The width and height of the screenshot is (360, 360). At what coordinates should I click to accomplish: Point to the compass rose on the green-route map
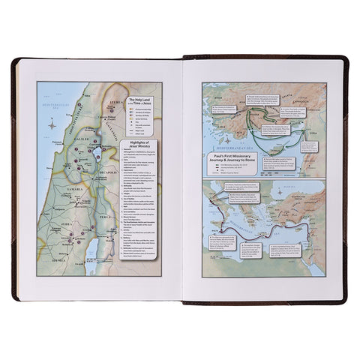[x=211, y=93]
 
